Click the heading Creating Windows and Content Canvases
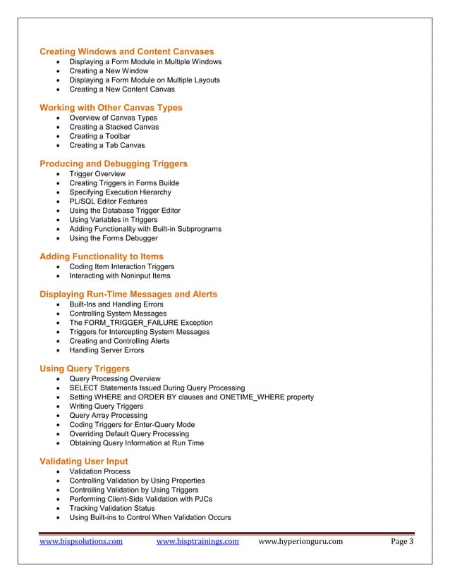point(127,51)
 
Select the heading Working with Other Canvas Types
point(111,108)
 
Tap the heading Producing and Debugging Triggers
point(114,163)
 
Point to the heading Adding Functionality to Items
point(102,256)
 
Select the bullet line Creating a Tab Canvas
point(107,145)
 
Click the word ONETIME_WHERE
point(256,397)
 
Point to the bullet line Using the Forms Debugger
point(113,238)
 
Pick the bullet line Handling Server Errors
point(106,350)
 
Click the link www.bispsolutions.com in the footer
point(81,542)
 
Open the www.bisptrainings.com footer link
point(197,542)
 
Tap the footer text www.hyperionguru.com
point(301,542)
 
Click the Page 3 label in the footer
point(402,542)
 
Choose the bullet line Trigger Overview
point(97,173)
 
